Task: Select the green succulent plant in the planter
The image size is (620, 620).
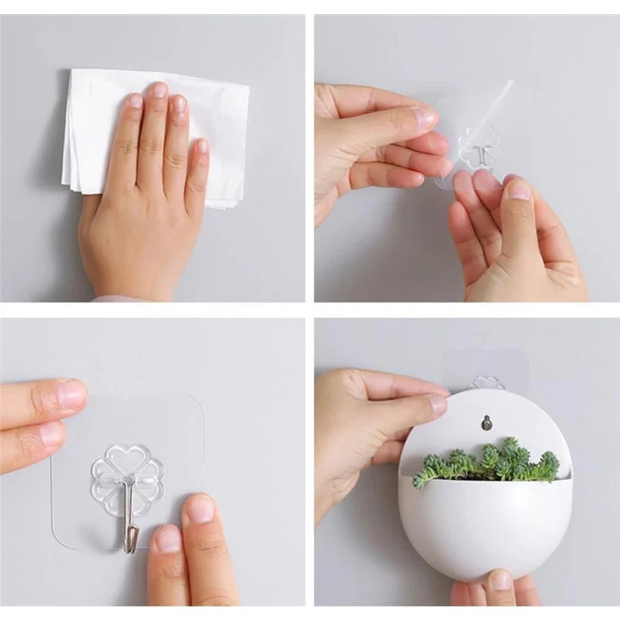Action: (x=491, y=462)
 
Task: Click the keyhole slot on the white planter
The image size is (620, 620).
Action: (x=485, y=423)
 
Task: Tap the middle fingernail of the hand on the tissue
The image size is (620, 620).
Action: (x=158, y=90)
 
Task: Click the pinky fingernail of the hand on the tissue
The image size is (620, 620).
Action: (x=203, y=146)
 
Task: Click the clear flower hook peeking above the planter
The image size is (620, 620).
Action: (x=486, y=382)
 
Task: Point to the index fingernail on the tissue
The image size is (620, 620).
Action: (x=136, y=101)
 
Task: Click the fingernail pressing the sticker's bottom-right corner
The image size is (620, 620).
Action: (x=201, y=510)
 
